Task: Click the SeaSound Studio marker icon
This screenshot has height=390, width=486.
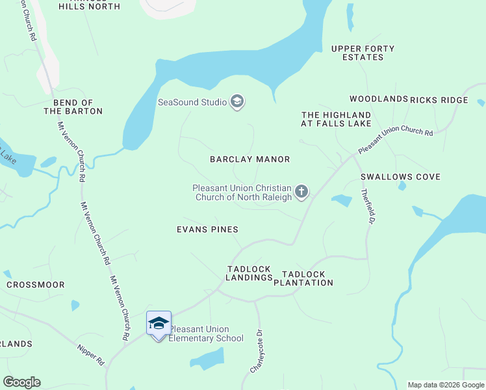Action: click(237, 101)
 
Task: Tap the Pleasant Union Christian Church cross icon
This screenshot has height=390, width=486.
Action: click(301, 192)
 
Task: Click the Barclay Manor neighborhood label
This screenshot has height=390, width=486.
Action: click(249, 159)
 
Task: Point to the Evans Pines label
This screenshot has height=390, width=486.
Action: click(207, 229)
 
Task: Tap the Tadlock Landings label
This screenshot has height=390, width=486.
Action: click(249, 273)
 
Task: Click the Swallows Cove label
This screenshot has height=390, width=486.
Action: click(400, 177)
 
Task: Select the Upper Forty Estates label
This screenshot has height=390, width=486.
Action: click(363, 53)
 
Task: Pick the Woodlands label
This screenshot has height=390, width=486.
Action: click(378, 99)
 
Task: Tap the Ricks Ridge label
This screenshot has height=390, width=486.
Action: click(439, 99)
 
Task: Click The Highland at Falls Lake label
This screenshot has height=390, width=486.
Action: click(336, 119)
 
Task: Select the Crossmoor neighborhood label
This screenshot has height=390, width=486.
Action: click(36, 285)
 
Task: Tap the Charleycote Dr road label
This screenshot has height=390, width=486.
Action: click(257, 352)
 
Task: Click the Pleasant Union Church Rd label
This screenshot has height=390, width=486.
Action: click(395, 140)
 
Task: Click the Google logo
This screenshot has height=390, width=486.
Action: click(21, 382)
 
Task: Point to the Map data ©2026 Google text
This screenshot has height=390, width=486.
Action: click(445, 385)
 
